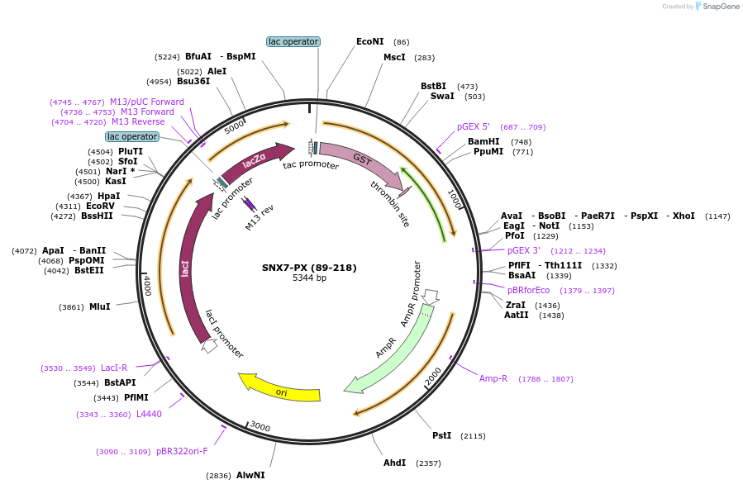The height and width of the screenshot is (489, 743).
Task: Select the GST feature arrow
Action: (x=360, y=161)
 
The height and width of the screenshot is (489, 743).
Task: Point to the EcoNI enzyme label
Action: (x=370, y=41)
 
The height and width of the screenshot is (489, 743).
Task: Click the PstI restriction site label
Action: (x=442, y=435)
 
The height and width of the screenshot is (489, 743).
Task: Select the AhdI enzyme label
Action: (x=394, y=463)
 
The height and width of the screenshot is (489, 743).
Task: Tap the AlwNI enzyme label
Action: (x=250, y=475)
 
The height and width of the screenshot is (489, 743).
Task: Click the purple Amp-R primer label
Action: (x=493, y=378)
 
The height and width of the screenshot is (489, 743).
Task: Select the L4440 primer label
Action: (x=149, y=414)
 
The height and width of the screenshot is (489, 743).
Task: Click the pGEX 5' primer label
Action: (x=474, y=127)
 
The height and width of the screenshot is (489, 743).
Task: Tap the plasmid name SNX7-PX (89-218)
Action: (x=309, y=268)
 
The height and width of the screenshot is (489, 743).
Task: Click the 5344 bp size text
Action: (x=309, y=278)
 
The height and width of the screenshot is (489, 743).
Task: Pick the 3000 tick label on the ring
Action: (x=260, y=426)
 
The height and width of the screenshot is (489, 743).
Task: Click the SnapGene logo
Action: (x=717, y=7)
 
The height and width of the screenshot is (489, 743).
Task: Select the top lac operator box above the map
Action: (x=293, y=41)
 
